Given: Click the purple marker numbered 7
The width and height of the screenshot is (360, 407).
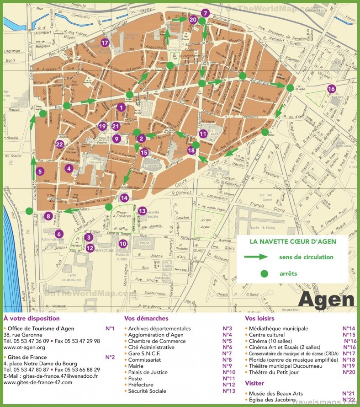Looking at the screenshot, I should point(205,13).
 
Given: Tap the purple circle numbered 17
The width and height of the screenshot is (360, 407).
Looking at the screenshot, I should point(105,43).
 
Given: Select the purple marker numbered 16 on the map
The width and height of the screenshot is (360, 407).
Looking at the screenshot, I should point(331,89).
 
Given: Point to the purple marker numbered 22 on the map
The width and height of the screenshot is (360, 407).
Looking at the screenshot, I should point(59,144).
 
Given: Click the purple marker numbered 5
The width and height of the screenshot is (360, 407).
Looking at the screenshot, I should point(40,172).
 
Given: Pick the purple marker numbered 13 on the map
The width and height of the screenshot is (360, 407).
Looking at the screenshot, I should point(143,211).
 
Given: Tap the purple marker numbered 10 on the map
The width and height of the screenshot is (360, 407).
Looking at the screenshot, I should point(122,243).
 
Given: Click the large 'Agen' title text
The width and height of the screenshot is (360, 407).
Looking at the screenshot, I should point(326,300).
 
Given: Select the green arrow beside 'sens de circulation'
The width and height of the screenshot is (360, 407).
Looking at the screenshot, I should point(256,257).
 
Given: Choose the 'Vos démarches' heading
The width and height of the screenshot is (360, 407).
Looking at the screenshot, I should point(146,318).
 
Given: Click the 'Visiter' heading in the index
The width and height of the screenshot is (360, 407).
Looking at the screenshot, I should point(254,383).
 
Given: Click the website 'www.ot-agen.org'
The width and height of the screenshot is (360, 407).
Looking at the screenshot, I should point(24,348).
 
